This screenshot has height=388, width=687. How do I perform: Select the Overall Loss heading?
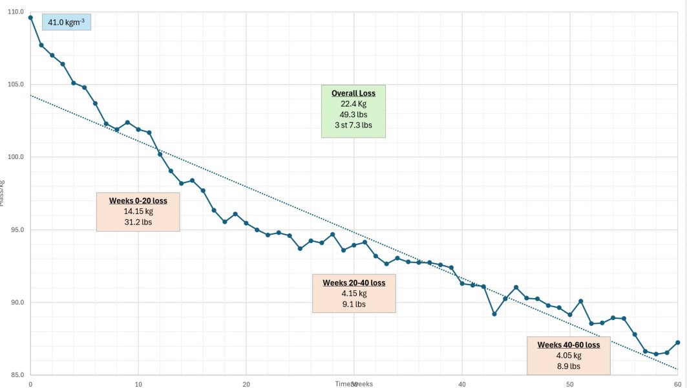tap(354, 93)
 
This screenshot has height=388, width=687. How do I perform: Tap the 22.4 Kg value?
tap(354, 104)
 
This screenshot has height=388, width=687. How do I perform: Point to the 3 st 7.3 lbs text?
tap(354, 125)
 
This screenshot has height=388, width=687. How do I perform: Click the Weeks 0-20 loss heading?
tap(138, 200)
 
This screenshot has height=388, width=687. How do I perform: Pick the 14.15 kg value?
tap(138, 211)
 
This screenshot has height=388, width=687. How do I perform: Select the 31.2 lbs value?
tap(138, 222)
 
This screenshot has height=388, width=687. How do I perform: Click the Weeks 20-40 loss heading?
tap(354, 283)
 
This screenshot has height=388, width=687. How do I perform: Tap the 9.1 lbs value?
tap(354, 304)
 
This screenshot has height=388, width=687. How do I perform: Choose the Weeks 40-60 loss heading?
tap(569, 345)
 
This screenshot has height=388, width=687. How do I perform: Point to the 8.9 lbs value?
tap(569, 366)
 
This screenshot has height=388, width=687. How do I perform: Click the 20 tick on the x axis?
tap(246, 384)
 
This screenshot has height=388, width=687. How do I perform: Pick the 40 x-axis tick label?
tap(462, 384)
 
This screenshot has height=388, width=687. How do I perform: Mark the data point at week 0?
tap(30, 17)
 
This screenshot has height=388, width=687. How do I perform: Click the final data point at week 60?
tap(677, 343)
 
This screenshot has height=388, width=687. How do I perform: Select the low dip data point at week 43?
tap(494, 314)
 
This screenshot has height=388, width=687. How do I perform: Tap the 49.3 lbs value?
tap(354, 114)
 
